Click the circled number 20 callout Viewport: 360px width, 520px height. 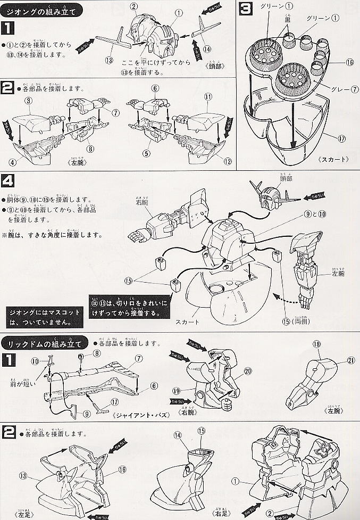coord(247,370)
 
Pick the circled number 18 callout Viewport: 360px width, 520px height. coord(317,345)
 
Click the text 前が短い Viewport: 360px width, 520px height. coord(20,382)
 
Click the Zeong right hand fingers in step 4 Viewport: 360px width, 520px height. coord(135,234)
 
